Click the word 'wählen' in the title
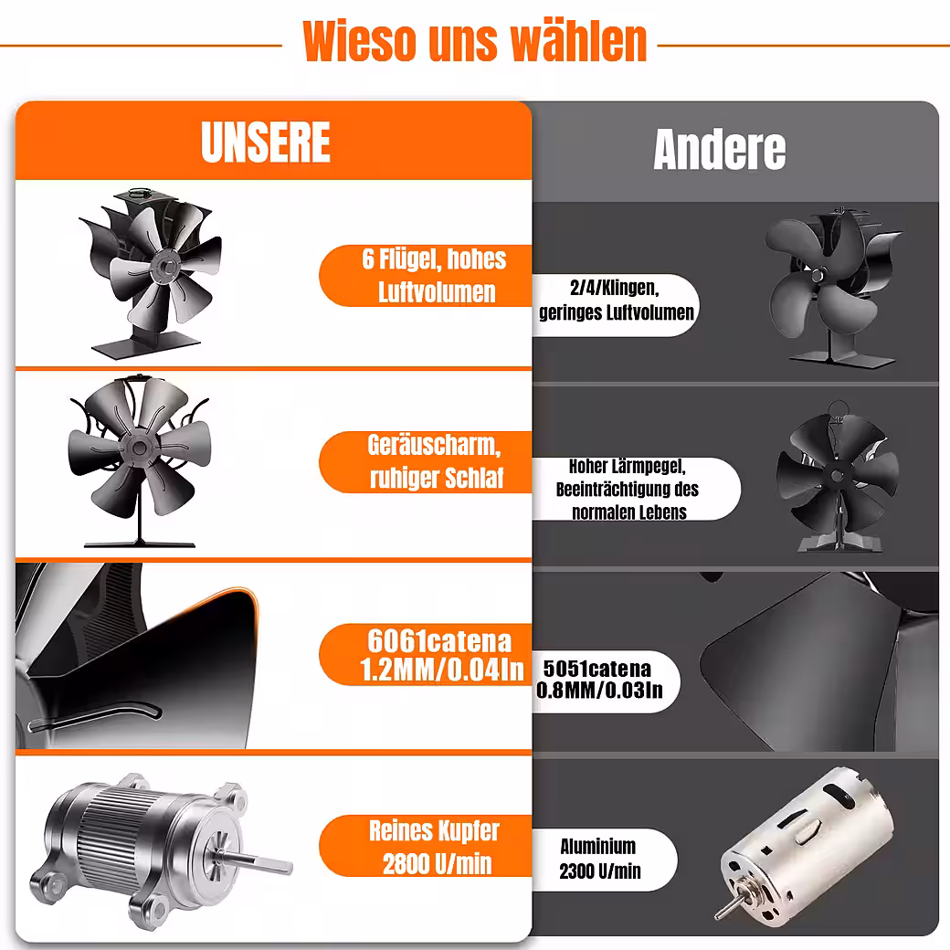(x=578, y=41)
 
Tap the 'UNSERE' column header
(x=266, y=142)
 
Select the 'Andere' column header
(x=719, y=149)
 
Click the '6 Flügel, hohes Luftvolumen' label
(x=435, y=276)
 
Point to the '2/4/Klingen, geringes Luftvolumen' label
(x=617, y=300)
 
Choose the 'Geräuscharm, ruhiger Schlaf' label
(x=435, y=461)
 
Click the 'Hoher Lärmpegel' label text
(x=627, y=467)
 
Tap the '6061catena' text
(x=439, y=641)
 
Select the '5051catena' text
(x=596, y=669)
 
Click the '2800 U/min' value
(x=437, y=863)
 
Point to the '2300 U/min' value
(x=600, y=871)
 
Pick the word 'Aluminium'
(x=598, y=847)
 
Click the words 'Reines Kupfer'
(x=435, y=830)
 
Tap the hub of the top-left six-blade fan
(x=164, y=266)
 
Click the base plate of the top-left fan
(x=146, y=346)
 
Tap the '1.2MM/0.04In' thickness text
(x=442, y=670)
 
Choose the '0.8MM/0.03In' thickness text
(x=599, y=690)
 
